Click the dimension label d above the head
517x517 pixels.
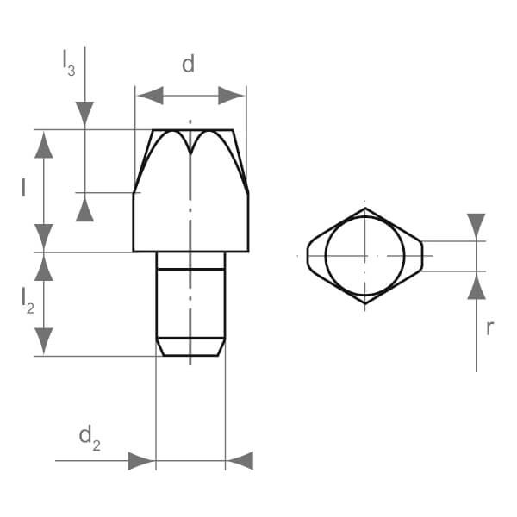188,64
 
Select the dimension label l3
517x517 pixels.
69,63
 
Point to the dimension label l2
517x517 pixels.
28,301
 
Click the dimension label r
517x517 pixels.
490,327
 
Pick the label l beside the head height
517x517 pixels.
23,187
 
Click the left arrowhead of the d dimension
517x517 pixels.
150,96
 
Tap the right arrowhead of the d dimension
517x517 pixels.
231,96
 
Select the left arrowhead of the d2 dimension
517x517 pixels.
141,461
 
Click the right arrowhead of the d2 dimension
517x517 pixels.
240,461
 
